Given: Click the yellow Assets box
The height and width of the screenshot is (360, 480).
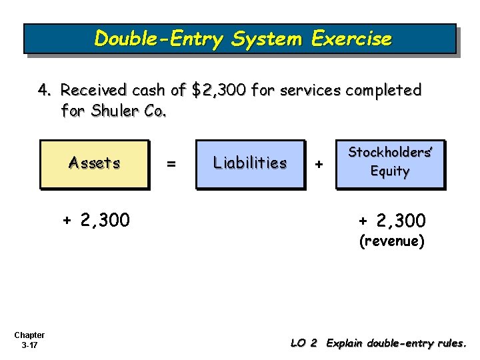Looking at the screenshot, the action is pos(94,163).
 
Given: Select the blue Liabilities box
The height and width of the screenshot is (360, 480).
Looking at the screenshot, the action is pos(249,163).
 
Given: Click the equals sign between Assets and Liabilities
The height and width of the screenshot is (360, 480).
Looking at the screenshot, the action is pos(171,163).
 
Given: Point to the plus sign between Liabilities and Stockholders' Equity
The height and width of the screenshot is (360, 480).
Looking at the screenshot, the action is pos(319,163).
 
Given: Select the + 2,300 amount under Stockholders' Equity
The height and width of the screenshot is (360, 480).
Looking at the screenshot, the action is pos(392,221).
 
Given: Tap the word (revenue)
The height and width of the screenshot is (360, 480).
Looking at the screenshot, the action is pos(392,241).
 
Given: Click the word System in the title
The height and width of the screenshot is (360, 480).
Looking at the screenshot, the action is pos(261,39).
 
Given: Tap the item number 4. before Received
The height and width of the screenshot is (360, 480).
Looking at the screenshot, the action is pos(45,90).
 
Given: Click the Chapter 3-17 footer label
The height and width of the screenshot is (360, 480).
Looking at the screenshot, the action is pos(29,340).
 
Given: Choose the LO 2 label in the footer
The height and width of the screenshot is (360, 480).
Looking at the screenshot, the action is pos(303,343).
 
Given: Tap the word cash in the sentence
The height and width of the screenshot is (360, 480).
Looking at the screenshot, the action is pos(147,90).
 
